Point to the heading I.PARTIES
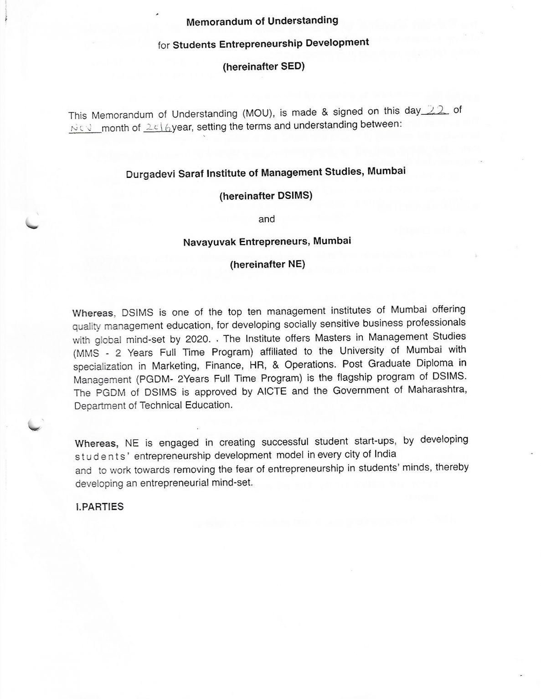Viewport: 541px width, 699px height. tap(100, 507)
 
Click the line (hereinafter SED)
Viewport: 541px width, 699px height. tap(263, 66)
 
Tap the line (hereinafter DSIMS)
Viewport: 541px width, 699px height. tap(265, 196)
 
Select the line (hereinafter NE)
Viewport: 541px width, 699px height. tap(267, 264)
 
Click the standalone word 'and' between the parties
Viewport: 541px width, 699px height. tap(267, 219)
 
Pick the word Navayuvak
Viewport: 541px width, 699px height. tap(208, 242)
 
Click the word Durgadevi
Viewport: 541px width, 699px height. tap(147, 174)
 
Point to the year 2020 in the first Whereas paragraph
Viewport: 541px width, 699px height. tap(197, 340)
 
